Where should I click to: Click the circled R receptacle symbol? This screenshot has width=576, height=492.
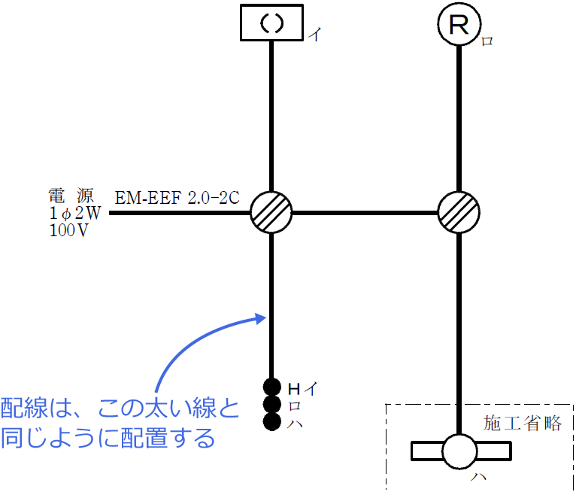[459, 24]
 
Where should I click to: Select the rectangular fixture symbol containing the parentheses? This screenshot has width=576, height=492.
[271, 23]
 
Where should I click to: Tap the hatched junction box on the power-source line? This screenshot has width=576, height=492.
[271, 212]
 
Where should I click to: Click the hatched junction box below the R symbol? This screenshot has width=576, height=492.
[459, 212]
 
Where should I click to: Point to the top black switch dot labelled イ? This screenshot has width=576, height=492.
[272, 387]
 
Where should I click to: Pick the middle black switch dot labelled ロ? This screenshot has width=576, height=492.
[272, 404]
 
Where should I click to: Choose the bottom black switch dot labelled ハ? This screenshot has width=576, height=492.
[272, 421]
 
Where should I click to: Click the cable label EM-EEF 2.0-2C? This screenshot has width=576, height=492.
[177, 198]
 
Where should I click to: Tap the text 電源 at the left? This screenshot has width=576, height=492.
[71, 196]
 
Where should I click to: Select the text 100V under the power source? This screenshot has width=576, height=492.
[69, 230]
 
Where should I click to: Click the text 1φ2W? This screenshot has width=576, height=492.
[75, 213]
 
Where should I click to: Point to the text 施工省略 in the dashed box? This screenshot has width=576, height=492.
[523, 424]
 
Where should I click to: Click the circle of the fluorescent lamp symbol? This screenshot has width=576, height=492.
[459, 451]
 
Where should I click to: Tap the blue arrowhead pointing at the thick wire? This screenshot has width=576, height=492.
[260, 318]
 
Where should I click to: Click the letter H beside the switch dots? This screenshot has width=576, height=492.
[294, 388]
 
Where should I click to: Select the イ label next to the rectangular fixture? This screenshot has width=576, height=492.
[315, 35]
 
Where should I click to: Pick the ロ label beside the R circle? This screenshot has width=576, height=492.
[487, 41]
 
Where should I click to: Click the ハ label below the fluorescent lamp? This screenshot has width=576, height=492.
[479, 477]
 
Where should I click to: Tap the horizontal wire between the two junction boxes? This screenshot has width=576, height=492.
[365, 213]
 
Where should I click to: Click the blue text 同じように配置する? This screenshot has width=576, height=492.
[108, 438]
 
